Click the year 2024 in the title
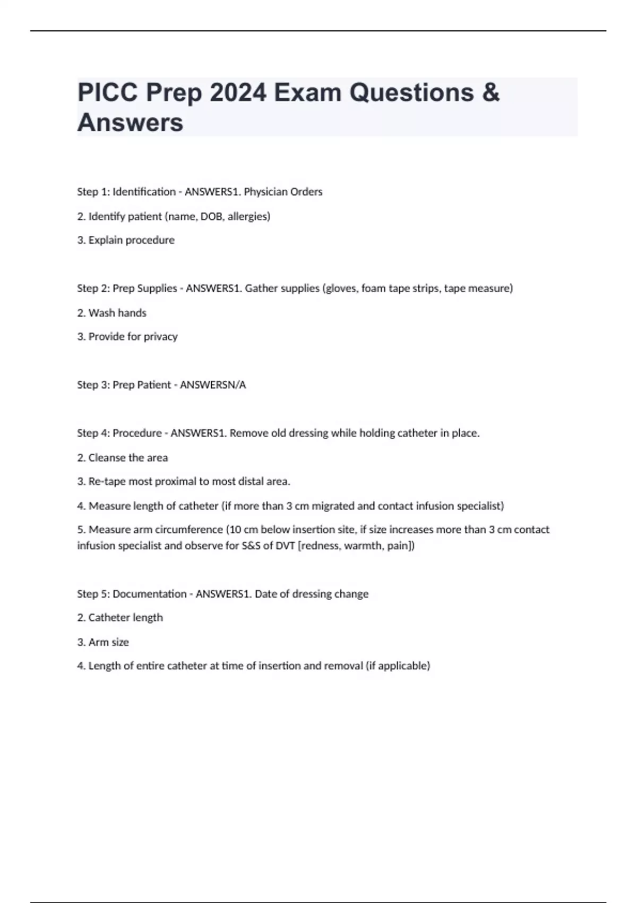(238, 92)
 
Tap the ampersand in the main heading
(491, 92)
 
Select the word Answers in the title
(130, 122)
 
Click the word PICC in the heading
(108, 92)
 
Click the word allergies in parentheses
(248, 216)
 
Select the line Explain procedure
(126, 240)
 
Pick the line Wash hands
(111, 313)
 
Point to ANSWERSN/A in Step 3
(213, 385)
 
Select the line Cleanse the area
(122, 457)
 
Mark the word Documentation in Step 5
(149, 594)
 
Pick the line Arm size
(103, 642)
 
